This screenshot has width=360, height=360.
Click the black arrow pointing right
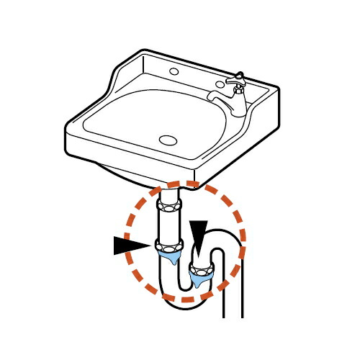pyautogui.click(x=131, y=246)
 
